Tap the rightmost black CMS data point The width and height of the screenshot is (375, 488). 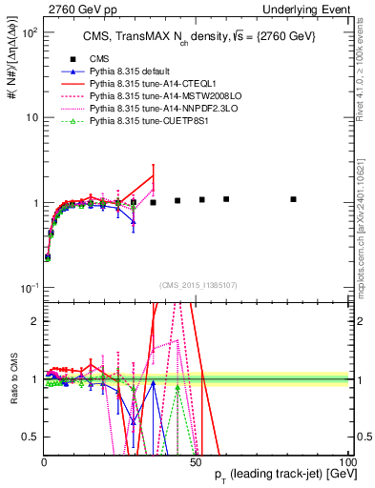point(294,199)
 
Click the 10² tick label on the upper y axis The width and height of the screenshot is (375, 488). point(29,32)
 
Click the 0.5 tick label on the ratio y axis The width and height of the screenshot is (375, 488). point(31,437)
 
